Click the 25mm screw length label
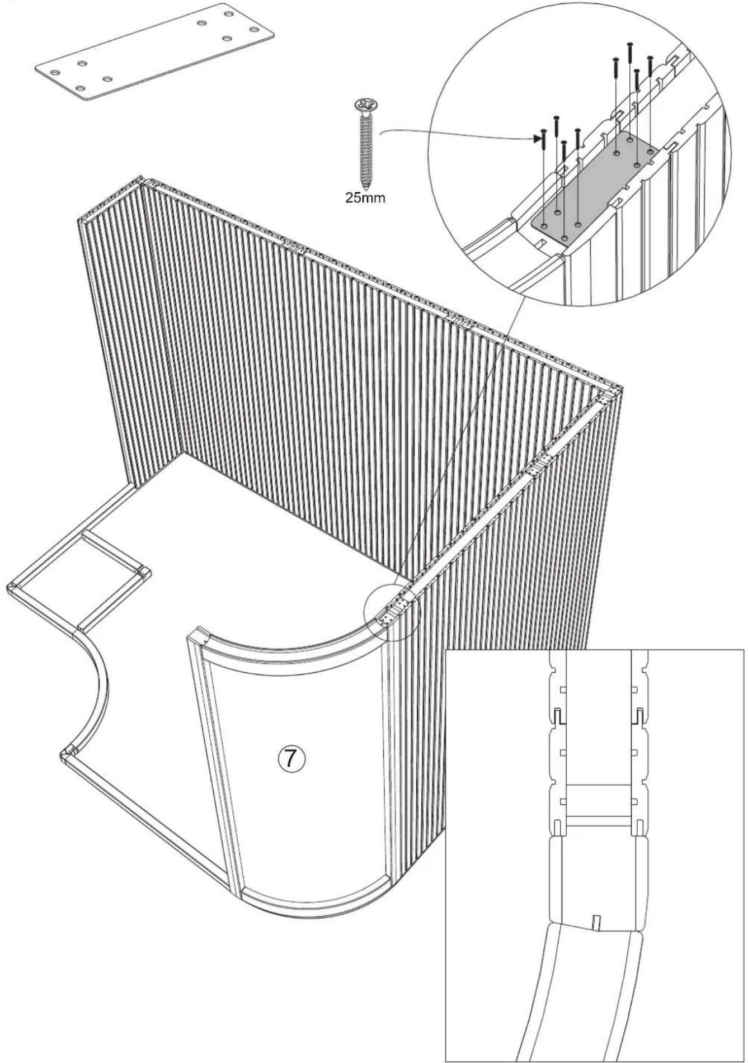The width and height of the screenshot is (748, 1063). pyautogui.click(x=364, y=199)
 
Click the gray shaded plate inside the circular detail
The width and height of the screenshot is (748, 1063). pyautogui.click(x=593, y=187)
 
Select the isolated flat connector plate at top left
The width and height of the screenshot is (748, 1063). pyautogui.click(x=154, y=51)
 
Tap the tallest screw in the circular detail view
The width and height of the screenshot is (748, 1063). pyautogui.click(x=630, y=53)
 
